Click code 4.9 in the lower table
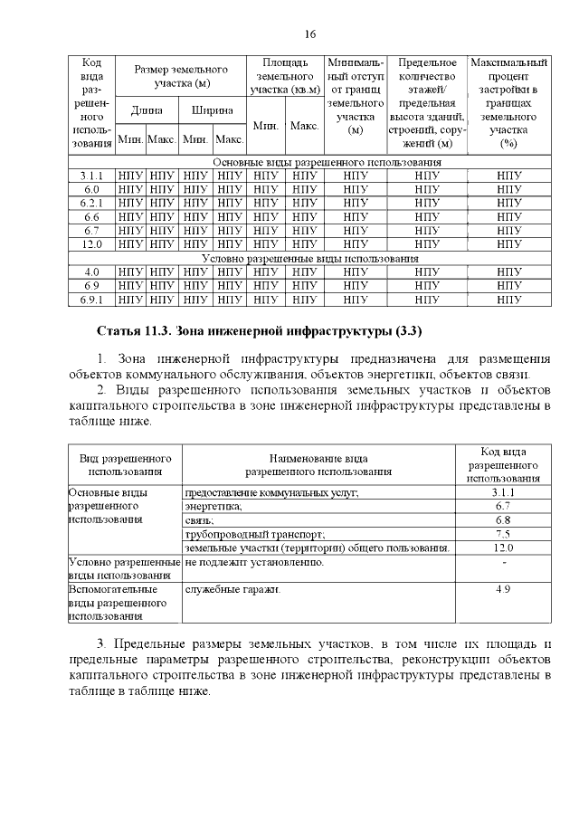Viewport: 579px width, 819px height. coord(503,589)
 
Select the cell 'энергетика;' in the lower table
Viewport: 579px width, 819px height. coord(214,507)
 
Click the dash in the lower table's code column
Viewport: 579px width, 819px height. coord(503,562)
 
